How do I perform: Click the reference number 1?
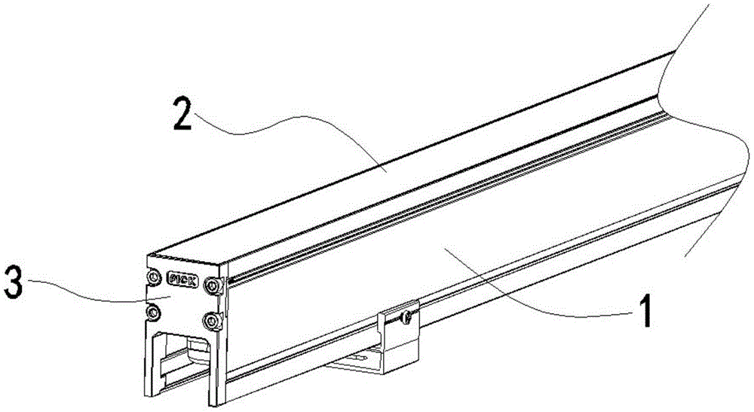[x=645, y=311]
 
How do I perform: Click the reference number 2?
[x=182, y=114]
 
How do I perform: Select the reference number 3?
[x=13, y=283]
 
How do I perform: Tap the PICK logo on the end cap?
[x=182, y=280]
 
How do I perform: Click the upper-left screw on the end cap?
[x=153, y=277]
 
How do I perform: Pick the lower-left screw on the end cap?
[x=153, y=312]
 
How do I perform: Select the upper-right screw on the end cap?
[x=212, y=286]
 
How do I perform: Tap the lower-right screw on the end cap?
[x=211, y=321]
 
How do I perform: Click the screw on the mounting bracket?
[x=407, y=317]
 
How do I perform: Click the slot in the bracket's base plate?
[x=360, y=357]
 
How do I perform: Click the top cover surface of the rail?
[x=409, y=158]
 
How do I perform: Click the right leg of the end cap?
[x=215, y=370]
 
